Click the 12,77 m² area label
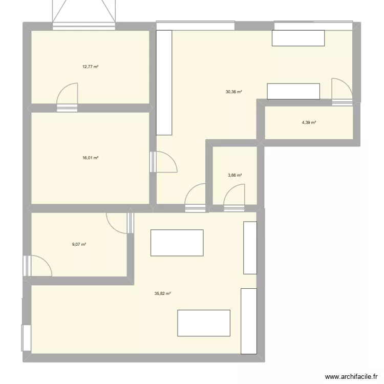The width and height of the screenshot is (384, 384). [x=90, y=66]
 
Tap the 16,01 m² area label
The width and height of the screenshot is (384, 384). [x=90, y=158]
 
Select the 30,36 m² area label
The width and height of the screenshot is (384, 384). [x=233, y=92]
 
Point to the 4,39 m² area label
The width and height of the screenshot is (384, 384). [x=309, y=122]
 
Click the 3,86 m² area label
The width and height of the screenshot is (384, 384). [x=234, y=175]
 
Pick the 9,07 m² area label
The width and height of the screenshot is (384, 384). [x=79, y=244]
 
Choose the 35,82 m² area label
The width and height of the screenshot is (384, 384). [x=162, y=294]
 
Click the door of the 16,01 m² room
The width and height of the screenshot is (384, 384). [x=164, y=162]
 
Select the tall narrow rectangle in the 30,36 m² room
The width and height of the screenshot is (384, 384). [x=164, y=82]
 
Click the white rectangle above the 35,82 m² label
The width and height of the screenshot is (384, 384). [x=177, y=243]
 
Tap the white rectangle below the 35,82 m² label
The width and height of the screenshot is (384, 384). [x=204, y=323]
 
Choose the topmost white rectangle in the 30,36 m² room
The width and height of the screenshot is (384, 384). [x=298, y=38]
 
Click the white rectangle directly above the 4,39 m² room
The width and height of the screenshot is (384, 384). [x=294, y=91]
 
